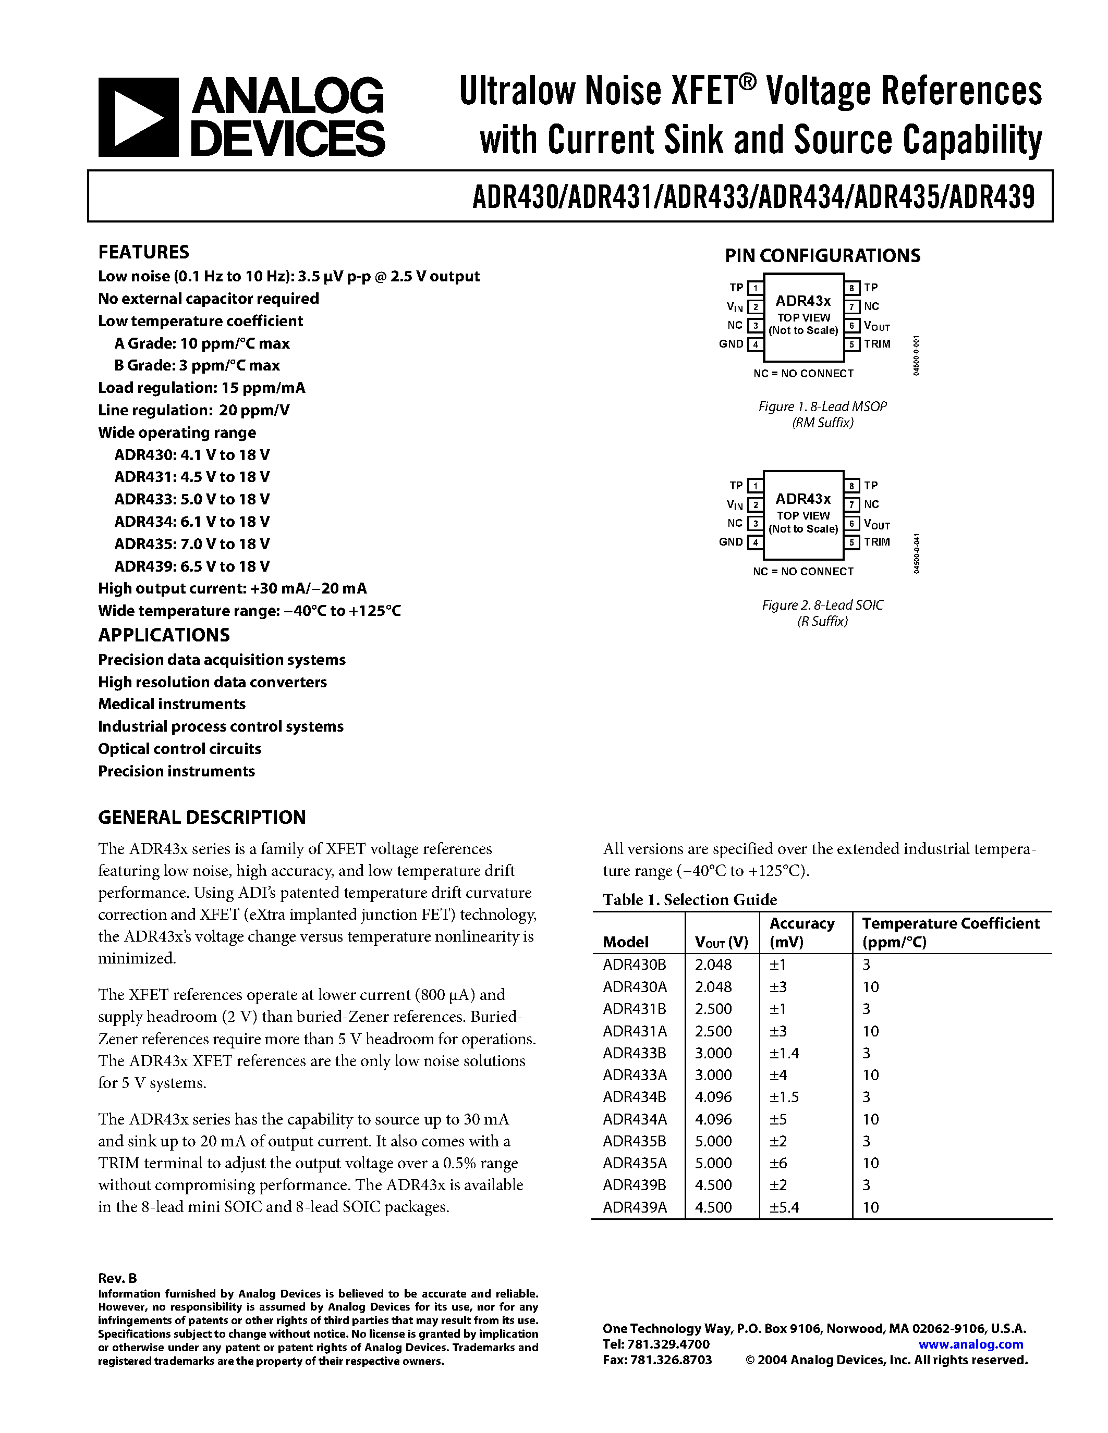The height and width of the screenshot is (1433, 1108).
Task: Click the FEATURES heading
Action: click(x=144, y=252)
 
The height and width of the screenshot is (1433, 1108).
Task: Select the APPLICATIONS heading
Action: click(x=164, y=635)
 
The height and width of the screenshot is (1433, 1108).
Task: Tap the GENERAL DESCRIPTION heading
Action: click(x=202, y=817)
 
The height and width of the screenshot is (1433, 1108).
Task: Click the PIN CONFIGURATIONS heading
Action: click(x=822, y=256)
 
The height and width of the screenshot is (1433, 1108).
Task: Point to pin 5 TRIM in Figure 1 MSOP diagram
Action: click(x=852, y=344)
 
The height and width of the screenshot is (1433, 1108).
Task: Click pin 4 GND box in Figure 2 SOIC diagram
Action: click(x=756, y=542)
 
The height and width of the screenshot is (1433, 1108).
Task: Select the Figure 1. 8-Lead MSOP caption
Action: click(x=822, y=407)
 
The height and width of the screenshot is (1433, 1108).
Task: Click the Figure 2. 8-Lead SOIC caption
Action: click(x=822, y=605)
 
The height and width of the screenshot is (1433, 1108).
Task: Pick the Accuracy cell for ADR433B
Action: click(x=784, y=1053)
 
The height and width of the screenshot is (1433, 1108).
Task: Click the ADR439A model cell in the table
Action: click(x=635, y=1207)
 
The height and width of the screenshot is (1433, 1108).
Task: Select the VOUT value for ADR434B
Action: click(x=713, y=1097)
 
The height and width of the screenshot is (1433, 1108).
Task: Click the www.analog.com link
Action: click(x=971, y=1344)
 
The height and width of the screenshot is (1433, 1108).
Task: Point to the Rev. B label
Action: click(x=117, y=1278)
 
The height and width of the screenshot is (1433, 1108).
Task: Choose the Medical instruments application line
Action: click(x=172, y=704)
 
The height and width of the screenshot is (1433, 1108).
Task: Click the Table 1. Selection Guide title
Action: click(x=690, y=899)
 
